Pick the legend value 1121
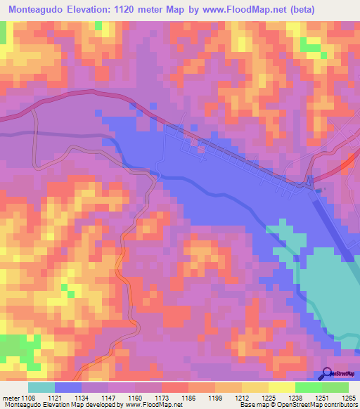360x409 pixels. [x=55, y=397]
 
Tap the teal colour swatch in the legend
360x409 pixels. [x=41, y=387]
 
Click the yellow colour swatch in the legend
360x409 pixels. [x=282, y=387]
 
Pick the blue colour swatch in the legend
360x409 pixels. [x=68, y=387]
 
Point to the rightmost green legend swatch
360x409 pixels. [x=335, y=387]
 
